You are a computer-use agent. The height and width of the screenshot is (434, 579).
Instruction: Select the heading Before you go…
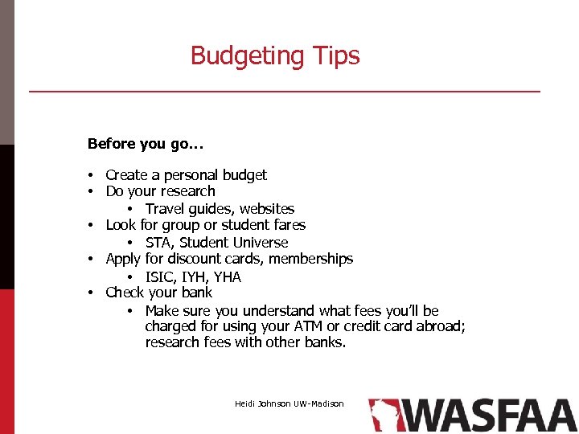pos(146,144)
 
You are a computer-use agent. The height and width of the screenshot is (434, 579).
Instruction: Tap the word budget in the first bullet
pos(244,174)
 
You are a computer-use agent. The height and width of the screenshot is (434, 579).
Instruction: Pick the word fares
pos(286,225)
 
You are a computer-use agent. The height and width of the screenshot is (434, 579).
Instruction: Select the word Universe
pos(260,243)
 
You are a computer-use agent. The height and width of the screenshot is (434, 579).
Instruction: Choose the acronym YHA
pos(227,277)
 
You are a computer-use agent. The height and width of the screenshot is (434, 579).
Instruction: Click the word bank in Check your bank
pos(197,293)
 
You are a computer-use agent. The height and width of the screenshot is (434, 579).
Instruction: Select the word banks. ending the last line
pos(325,342)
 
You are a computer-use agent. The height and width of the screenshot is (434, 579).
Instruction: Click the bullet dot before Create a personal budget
pos(93,175)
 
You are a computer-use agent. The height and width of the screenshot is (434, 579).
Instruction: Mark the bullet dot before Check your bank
pos(93,293)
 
